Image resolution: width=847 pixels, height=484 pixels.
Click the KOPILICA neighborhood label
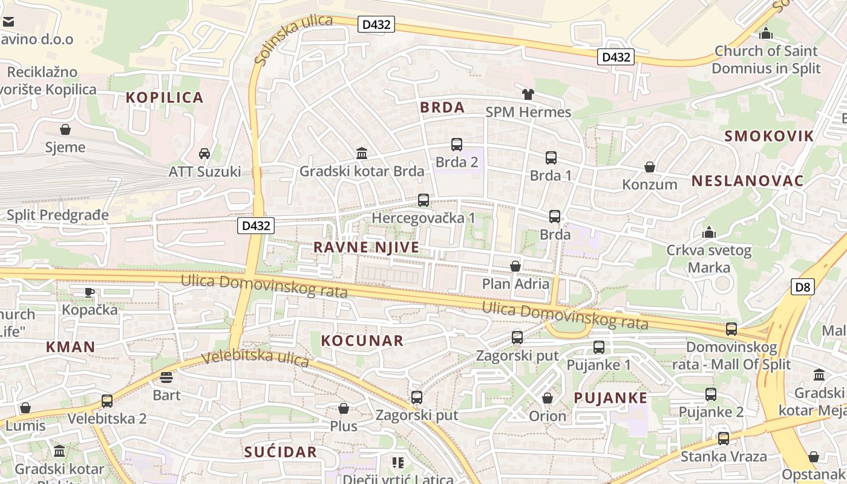click(x=165, y=97)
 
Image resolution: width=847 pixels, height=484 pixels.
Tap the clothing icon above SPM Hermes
click(x=528, y=94)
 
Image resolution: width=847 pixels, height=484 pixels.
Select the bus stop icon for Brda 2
click(x=457, y=145)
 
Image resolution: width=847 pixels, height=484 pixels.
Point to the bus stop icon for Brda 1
click(x=551, y=158)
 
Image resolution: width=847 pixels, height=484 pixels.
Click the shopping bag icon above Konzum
click(x=650, y=167)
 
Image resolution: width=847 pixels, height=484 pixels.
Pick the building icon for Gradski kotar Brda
click(x=362, y=154)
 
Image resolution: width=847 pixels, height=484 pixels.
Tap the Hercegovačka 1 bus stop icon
click(x=423, y=200)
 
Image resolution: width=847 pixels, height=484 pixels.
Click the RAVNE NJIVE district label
click(x=366, y=247)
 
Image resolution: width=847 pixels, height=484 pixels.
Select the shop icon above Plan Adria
click(x=515, y=266)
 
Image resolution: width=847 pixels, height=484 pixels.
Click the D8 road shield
click(x=802, y=287)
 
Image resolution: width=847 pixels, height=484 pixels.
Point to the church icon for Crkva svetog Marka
click(x=708, y=232)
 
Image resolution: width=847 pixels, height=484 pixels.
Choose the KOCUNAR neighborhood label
click(x=362, y=341)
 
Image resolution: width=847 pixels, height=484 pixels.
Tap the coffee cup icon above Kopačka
click(x=90, y=292)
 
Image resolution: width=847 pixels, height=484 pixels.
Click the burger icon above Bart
click(x=166, y=378)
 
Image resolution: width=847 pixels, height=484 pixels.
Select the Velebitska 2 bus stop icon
click(x=107, y=401)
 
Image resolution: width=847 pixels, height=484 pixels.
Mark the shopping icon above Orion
click(x=548, y=398)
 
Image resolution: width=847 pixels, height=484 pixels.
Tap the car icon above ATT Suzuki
click(x=204, y=154)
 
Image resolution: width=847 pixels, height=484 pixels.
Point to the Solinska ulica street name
click(x=293, y=39)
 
